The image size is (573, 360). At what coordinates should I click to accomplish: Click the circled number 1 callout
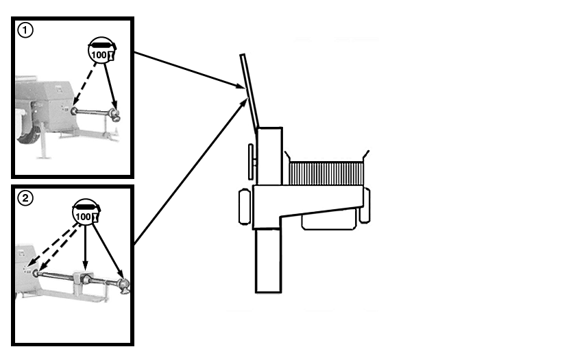click(x=25, y=30)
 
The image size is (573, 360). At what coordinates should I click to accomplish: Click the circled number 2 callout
click(x=25, y=198)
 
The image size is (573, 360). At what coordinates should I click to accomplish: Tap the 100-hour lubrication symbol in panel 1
click(x=102, y=51)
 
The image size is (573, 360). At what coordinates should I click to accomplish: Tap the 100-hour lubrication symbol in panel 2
click(x=86, y=213)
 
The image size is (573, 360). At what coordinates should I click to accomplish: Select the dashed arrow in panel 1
click(x=85, y=84)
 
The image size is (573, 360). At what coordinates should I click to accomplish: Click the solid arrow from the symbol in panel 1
click(x=110, y=88)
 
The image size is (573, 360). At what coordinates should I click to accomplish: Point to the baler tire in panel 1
click(x=27, y=136)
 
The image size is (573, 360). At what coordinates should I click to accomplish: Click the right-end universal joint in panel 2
click(x=123, y=285)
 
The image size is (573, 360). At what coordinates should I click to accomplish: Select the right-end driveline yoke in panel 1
click(x=116, y=115)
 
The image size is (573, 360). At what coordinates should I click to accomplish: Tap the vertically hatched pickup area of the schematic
click(x=326, y=174)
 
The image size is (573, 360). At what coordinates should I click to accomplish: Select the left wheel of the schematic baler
click(x=245, y=206)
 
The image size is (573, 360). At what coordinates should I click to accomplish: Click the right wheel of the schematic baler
click(x=365, y=206)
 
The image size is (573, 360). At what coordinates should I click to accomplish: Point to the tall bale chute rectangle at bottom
click(x=268, y=261)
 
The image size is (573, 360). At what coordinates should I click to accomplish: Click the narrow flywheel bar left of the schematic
click(x=251, y=162)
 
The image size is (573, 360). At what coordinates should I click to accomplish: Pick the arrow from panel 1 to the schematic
click(x=189, y=71)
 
